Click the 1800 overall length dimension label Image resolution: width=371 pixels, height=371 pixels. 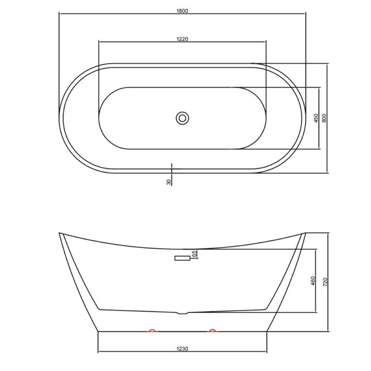(182, 11)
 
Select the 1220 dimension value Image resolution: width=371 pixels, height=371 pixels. (182, 39)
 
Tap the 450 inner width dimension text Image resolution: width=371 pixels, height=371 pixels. (316, 118)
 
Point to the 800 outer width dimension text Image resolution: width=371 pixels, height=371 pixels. (324, 118)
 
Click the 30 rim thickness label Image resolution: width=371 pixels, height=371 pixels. (169, 182)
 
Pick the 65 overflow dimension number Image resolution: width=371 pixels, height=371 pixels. (194, 254)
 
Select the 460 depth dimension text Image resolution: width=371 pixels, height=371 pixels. (313, 280)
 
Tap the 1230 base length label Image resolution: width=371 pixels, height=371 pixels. (182, 348)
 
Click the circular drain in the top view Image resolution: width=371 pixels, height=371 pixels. (182, 118)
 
